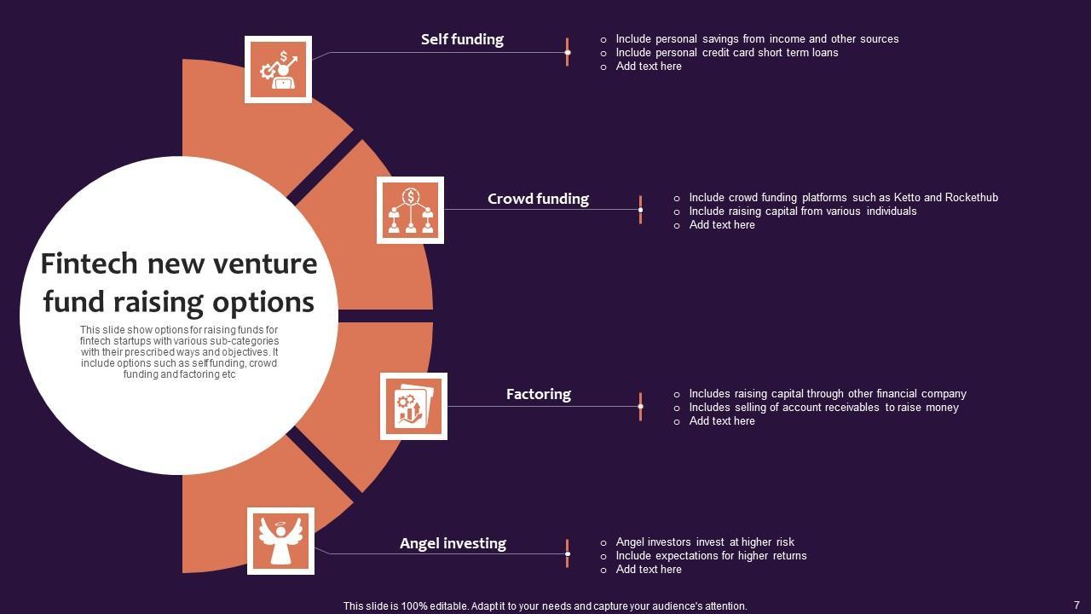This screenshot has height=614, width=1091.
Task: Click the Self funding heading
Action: click(462, 39)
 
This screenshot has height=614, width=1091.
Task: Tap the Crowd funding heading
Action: click(538, 199)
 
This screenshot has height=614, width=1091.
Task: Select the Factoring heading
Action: click(538, 394)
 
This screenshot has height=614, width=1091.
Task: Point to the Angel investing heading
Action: click(453, 543)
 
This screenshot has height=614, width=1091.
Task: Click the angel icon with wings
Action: click(280, 541)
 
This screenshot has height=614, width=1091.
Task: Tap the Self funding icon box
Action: click(278, 69)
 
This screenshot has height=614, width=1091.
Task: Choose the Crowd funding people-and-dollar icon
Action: click(410, 210)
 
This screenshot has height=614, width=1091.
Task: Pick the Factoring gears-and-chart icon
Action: click(413, 406)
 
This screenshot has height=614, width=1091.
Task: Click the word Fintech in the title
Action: click(89, 264)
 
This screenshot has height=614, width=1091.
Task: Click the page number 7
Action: click(1077, 605)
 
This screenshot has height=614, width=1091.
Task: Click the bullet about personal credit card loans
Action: click(726, 53)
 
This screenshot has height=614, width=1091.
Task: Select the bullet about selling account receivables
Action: click(823, 408)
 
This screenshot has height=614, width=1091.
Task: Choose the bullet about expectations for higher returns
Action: click(711, 556)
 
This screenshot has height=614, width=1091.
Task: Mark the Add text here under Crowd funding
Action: click(722, 225)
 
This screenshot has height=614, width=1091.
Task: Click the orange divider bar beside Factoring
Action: click(640, 407)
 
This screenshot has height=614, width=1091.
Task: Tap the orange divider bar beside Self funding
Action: click(567, 52)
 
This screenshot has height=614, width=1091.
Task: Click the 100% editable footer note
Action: click(545, 606)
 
